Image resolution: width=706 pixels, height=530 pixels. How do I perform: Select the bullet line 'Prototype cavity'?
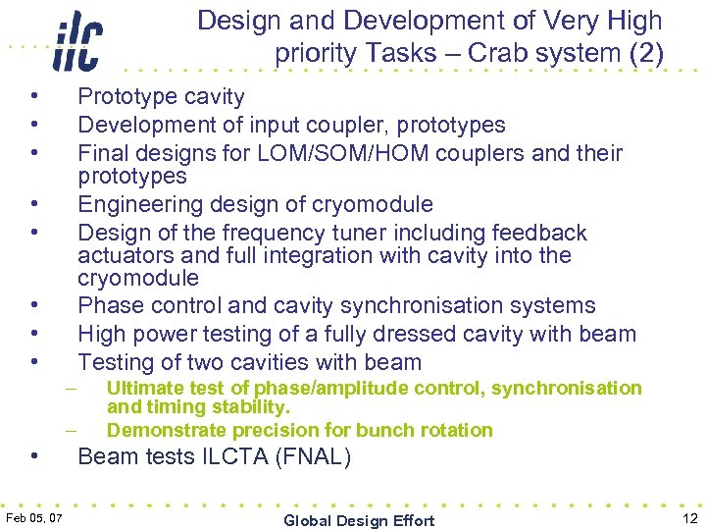pos(161,96)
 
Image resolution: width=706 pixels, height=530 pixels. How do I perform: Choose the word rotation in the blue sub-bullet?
pos(455,430)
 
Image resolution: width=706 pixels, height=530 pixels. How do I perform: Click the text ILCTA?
pos(229,457)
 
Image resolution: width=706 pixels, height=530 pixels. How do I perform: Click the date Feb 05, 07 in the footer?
pos(34,518)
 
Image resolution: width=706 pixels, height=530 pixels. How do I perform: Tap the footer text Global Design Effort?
pos(359,520)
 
